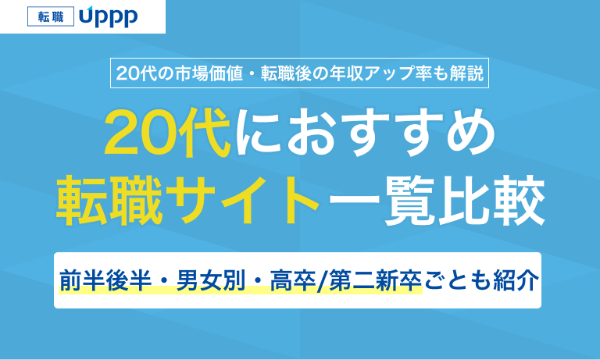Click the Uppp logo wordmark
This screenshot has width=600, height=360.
click(109, 17)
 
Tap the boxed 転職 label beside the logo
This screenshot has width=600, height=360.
click(51, 17)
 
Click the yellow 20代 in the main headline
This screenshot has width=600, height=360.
click(168, 133)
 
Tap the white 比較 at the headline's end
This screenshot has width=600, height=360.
click(491, 200)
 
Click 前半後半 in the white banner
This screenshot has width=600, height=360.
click(105, 280)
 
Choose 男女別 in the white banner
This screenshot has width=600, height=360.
click(211, 280)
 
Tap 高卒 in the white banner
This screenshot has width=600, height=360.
click(293, 280)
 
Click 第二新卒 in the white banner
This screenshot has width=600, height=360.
click(375, 280)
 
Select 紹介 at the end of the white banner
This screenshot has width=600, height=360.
click(516, 280)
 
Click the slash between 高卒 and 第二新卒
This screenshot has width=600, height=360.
click(323, 281)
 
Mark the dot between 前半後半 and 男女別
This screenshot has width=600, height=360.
click(164, 281)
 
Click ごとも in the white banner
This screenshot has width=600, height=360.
click(458, 280)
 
